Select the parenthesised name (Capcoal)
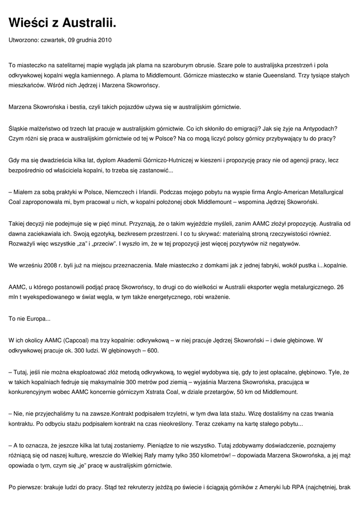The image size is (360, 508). point(77,340)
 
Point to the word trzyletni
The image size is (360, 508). point(183,413)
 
